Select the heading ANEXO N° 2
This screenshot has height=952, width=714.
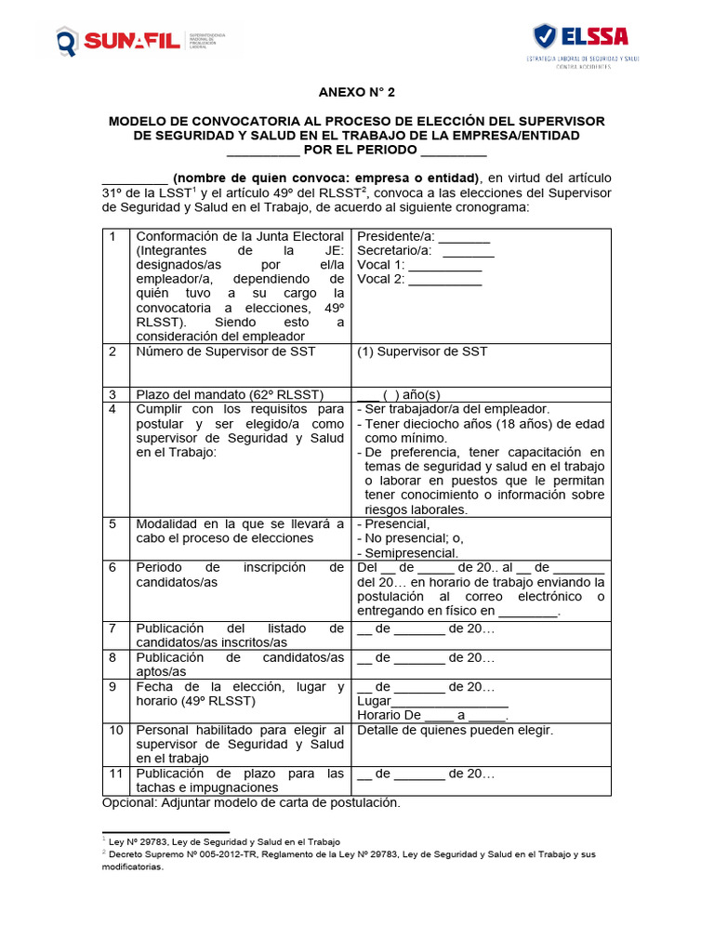pos(357,93)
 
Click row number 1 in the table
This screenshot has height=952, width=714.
pos(112,237)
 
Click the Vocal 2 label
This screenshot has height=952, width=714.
pos(381,279)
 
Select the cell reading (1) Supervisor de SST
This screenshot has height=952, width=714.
pos(422,351)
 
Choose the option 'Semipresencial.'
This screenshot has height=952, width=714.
pos(407,553)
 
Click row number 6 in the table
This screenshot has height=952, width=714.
pos(112,567)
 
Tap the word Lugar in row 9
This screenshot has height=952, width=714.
pos(374,702)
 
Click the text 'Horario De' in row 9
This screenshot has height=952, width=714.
pos(390,716)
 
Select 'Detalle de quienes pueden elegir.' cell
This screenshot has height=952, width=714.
pos(455,731)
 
